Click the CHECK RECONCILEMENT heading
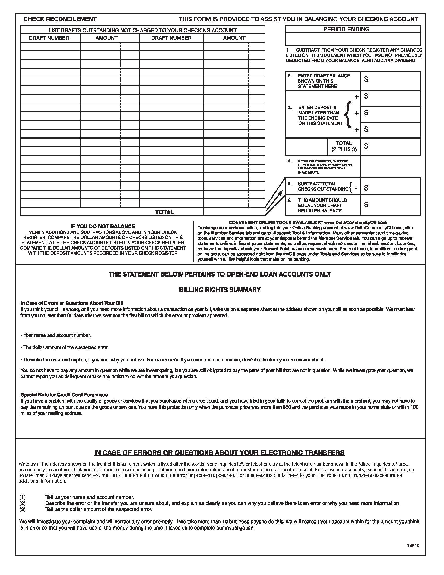tap(60, 19)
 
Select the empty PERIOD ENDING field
tap(353, 39)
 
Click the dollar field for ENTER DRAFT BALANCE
tap(390, 81)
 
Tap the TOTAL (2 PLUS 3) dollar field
tap(390, 146)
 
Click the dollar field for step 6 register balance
tap(390, 205)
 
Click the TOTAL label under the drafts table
tap(164, 212)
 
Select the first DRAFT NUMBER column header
tap(49, 38)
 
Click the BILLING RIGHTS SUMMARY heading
tap(220, 290)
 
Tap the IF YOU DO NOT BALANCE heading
tap(103, 226)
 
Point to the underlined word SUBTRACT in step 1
tap(308, 50)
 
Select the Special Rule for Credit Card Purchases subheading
tap(64, 395)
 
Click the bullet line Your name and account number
tap(56, 335)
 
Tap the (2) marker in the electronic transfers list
tap(22, 503)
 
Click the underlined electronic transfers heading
tap(219, 453)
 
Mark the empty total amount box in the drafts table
tap(234, 212)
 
